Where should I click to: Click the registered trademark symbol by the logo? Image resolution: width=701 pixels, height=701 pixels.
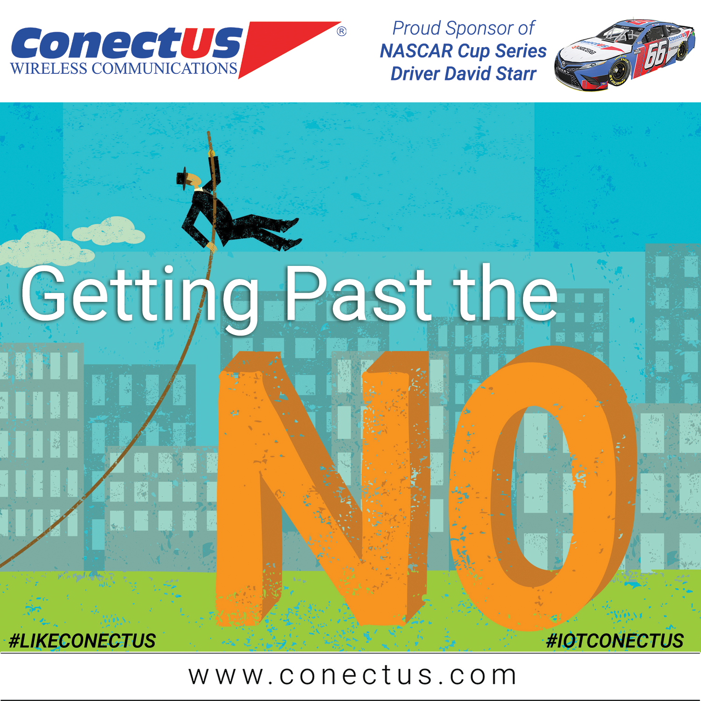342,31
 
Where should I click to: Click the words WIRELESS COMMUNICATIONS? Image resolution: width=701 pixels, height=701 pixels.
124,68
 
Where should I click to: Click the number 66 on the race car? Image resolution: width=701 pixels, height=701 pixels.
655,55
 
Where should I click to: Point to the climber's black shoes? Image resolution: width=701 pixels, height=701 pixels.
290,234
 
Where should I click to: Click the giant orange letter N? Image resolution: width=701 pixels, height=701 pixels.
322,488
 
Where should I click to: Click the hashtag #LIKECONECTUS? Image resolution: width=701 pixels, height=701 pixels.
82,641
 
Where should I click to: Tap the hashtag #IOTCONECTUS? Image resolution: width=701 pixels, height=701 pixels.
615,641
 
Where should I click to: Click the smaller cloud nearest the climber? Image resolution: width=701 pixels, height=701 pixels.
108,230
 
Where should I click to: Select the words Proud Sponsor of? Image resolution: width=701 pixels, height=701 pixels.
464,29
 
